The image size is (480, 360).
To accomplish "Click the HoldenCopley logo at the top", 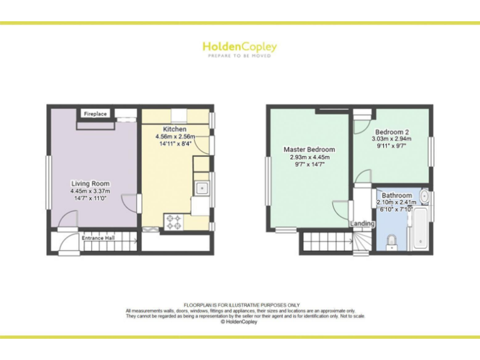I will coord(239,46).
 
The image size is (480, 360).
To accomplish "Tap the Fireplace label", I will coord(96,114).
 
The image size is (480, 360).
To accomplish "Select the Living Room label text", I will coord(91,184).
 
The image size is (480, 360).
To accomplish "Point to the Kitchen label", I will coord(175,129).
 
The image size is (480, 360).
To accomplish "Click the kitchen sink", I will coord(202,187).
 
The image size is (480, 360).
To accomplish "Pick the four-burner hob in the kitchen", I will coord(173,221).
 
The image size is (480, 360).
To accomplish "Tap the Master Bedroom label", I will coord(309,149).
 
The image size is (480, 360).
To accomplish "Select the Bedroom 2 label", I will coord(390,132).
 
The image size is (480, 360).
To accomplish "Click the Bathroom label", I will coord(397,196).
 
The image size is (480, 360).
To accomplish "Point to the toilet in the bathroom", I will coord(391,241).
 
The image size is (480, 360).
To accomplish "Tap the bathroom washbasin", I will coord(425,196).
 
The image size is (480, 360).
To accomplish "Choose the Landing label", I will coord(362,223).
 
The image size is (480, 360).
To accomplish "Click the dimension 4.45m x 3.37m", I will coord(91,191).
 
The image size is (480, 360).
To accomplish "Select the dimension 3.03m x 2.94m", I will coord(390,139).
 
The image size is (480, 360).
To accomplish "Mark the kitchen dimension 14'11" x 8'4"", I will coord(175,144).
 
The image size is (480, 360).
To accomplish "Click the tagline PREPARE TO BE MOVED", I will coord(239,56).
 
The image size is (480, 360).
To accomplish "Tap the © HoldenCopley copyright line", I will coord(239,322).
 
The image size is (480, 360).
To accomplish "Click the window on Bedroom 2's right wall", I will coord(431,151).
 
